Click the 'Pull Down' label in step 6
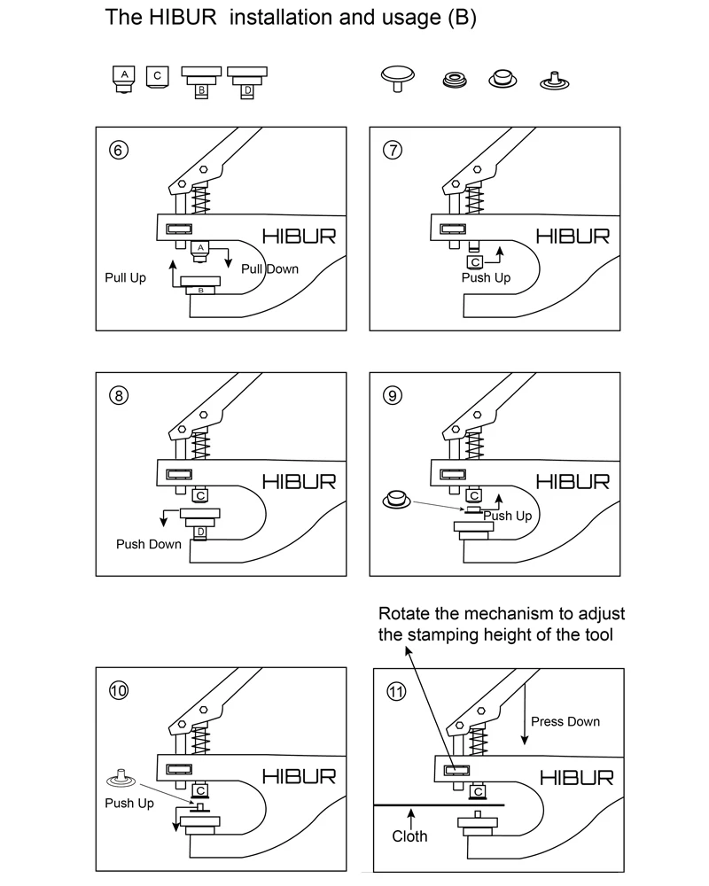[270, 268]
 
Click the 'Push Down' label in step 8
[149, 544]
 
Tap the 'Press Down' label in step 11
[565, 721]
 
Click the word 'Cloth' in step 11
[409, 835]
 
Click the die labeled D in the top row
[247, 81]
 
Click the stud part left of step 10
[121, 780]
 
